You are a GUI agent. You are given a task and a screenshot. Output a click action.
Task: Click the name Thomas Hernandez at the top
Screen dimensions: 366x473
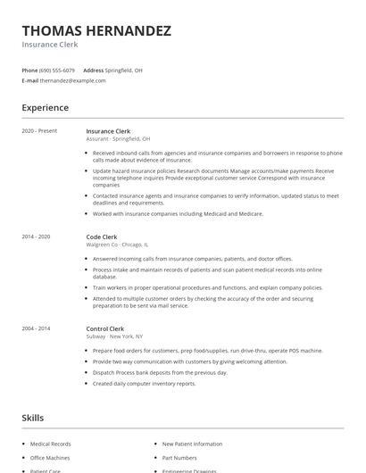pos(96,30)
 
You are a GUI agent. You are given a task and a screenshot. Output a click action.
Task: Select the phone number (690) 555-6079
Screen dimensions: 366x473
pos(58,70)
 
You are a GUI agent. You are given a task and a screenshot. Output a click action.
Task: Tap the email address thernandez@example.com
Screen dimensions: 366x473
pos(73,80)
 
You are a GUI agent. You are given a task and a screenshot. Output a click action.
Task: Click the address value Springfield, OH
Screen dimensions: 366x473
pos(123,70)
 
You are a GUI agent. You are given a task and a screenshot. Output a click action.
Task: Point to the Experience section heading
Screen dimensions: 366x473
pos(45,108)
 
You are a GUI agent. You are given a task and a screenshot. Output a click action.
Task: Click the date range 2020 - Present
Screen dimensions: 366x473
pos(39,131)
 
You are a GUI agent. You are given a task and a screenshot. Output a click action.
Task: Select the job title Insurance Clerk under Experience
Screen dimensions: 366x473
pos(108,131)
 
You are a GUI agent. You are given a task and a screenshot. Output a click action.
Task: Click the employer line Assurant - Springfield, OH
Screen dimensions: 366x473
pos(118,139)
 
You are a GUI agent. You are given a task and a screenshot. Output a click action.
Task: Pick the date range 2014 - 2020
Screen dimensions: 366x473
pos(37,236)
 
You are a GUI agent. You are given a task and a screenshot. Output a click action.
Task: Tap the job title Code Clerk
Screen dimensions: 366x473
pos(102,236)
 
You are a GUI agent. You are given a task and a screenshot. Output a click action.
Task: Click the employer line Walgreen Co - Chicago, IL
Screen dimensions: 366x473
pos(117,245)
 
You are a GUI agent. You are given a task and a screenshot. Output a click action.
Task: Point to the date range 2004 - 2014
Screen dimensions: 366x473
pos(37,328)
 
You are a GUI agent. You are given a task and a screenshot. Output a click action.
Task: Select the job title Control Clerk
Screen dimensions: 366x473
pos(104,328)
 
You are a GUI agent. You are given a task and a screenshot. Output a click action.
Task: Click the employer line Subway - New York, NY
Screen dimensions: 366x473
pos(114,336)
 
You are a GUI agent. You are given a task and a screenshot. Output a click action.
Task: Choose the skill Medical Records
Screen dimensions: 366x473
pos(50,444)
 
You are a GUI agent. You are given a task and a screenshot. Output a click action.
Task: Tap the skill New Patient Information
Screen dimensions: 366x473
pos(192,444)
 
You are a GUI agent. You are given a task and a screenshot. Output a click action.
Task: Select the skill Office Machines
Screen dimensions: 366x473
pos(50,458)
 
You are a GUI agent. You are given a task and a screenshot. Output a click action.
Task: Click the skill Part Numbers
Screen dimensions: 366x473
pos(179,458)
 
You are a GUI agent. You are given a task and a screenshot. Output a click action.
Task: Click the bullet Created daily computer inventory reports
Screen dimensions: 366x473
pos(144,383)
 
